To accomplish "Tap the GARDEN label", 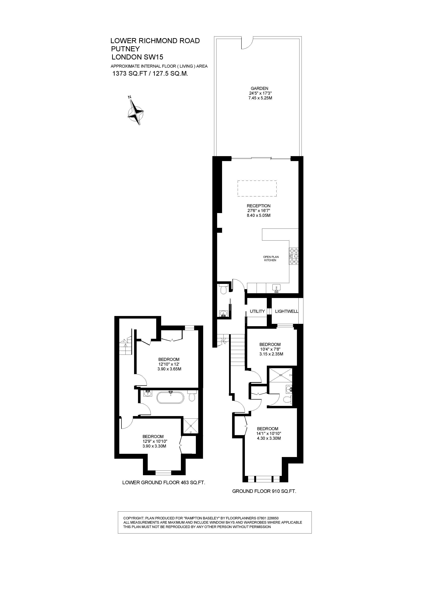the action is (259, 88).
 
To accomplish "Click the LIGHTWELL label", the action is (287, 311).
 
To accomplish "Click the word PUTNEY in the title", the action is (125, 49).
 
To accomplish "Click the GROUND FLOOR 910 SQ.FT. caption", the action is (264, 491).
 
